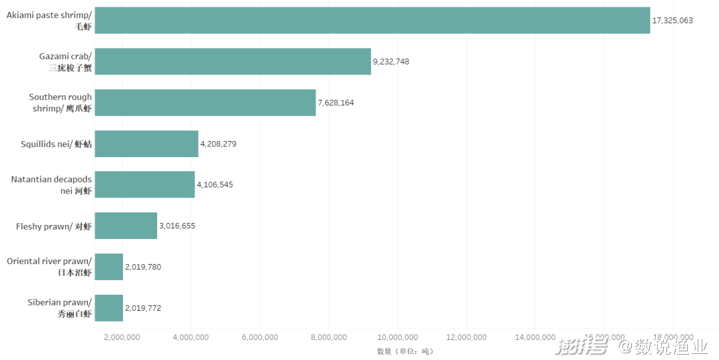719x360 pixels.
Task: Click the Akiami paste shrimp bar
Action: pyautogui.click(x=372, y=21)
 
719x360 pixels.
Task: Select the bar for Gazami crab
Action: pyautogui.click(x=232, y=61)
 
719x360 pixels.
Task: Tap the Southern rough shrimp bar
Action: pyautogui.click(x=205, y=102)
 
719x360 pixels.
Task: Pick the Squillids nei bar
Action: pyautogui.click(x=146, y=144)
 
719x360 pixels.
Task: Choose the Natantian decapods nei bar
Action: pyautogui.click(x=144, y=184)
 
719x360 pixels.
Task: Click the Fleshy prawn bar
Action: pyautogui.click(x=126, y=226)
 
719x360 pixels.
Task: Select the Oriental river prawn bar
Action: pyautogui.click(x=109, y=267)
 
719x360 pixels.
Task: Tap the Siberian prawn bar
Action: pyautogui.click(x=109, y=308)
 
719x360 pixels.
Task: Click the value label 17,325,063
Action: pyautogui.click(x=672, y=21)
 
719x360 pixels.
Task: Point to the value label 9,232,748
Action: pyautogui.click(x=391, y=61)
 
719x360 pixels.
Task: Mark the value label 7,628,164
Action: pyautogui.click(x=336, y=102)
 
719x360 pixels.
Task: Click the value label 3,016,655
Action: pyautogui.click(x=177, y=226)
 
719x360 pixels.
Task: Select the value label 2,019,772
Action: pyautogui.click(x=143, y=308)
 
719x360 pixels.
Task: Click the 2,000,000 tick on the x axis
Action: pyautogui.click(x=122, y=337)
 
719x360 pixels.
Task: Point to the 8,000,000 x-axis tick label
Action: pyautogui.click(x=329, y=337)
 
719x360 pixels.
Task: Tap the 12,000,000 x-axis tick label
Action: pyautogui.click(x=467, y=337)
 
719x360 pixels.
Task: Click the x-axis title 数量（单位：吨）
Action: pyautogui.click(x=405, y=351)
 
